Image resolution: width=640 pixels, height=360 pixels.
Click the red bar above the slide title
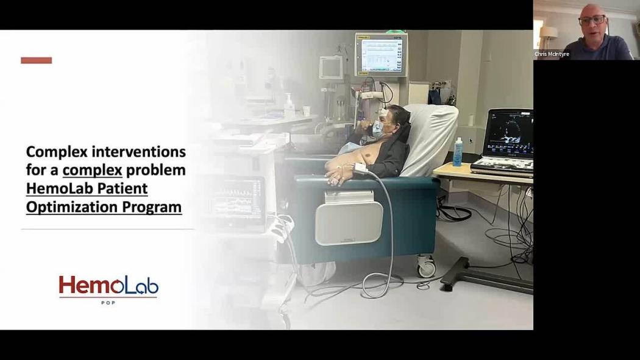click(37, 60)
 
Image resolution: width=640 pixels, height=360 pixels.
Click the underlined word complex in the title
click(92, 170)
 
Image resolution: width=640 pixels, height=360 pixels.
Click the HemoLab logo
click(108, 286)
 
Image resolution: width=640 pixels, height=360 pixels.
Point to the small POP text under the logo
click(108, 303)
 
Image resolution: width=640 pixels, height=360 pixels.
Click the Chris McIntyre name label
click(552, 54)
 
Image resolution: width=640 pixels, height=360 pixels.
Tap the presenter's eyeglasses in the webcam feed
click(592, 19)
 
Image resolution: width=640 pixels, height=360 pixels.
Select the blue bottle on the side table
click(458, 152)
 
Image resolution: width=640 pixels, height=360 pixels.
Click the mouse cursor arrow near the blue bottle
click(471, 141)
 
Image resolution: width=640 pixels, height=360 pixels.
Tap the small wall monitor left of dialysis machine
click(330, 67)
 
